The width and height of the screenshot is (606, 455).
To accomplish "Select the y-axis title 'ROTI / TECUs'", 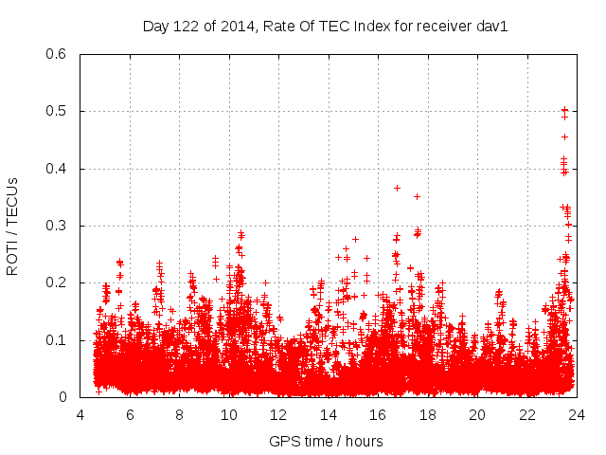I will tap(12, 226).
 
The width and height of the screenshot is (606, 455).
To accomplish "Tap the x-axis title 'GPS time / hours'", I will tap(327, 441).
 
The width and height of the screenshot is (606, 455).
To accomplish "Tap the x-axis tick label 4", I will tap(80, 415).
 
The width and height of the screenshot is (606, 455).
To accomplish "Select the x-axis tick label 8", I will tap(179, 415).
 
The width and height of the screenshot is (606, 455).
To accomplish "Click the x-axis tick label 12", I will tap(277, 415).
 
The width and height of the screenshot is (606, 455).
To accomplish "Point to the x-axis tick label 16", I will tap(377, 415).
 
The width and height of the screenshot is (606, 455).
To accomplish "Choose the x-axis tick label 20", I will tap(475, 415).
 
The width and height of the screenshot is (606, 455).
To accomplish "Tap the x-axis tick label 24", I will tap(574, 415).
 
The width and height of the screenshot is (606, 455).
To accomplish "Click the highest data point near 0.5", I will tap(565, 110).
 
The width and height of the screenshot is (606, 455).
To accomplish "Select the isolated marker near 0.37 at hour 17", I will tap(397, 188).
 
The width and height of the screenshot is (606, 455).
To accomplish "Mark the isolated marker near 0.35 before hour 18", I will tap(417, 196).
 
